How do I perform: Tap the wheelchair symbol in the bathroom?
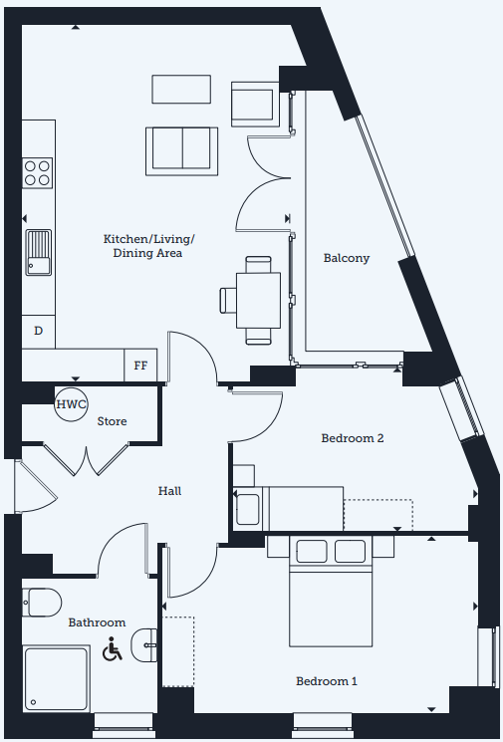pyautogui.click(x=113, y=648)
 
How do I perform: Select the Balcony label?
pyautogui.click(x=347, y=258)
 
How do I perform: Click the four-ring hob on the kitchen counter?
pyautogui.click(x=38, y=173)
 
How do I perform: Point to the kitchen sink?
pyautogui.click(x=38, y=252)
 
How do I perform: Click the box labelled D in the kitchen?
pyautogui.click(x=38, y=332)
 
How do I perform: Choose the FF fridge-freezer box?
pyautogui.click(x=140, y=366)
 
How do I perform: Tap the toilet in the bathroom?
pyautogui.click(x=42, y=603)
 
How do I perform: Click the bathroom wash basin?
pyautogui.click(x=143, y=645)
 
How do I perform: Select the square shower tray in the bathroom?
pyautogui.click(x=56, y=678)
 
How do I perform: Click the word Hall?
pyautogui.click(x=169, y=491)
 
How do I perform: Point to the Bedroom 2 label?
pyautogui.click(x=353, y=438)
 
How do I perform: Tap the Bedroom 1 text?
pyautogui.click(x=327, y=681)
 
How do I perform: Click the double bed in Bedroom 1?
pyautogui.click(x=331, y=592)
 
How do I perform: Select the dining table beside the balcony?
pyautogui.click(x=258, y=301)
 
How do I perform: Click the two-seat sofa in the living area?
pyautogui.click(x=181, y=151)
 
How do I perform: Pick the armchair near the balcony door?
pyautogui.click(x=255, y=105)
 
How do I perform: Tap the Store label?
pyautogui.click(x=113, y=421)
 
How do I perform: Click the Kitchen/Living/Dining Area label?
pyautogui.click(x=148, y=246)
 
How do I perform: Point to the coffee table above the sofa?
pyautogui.click(x=181, y=89)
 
